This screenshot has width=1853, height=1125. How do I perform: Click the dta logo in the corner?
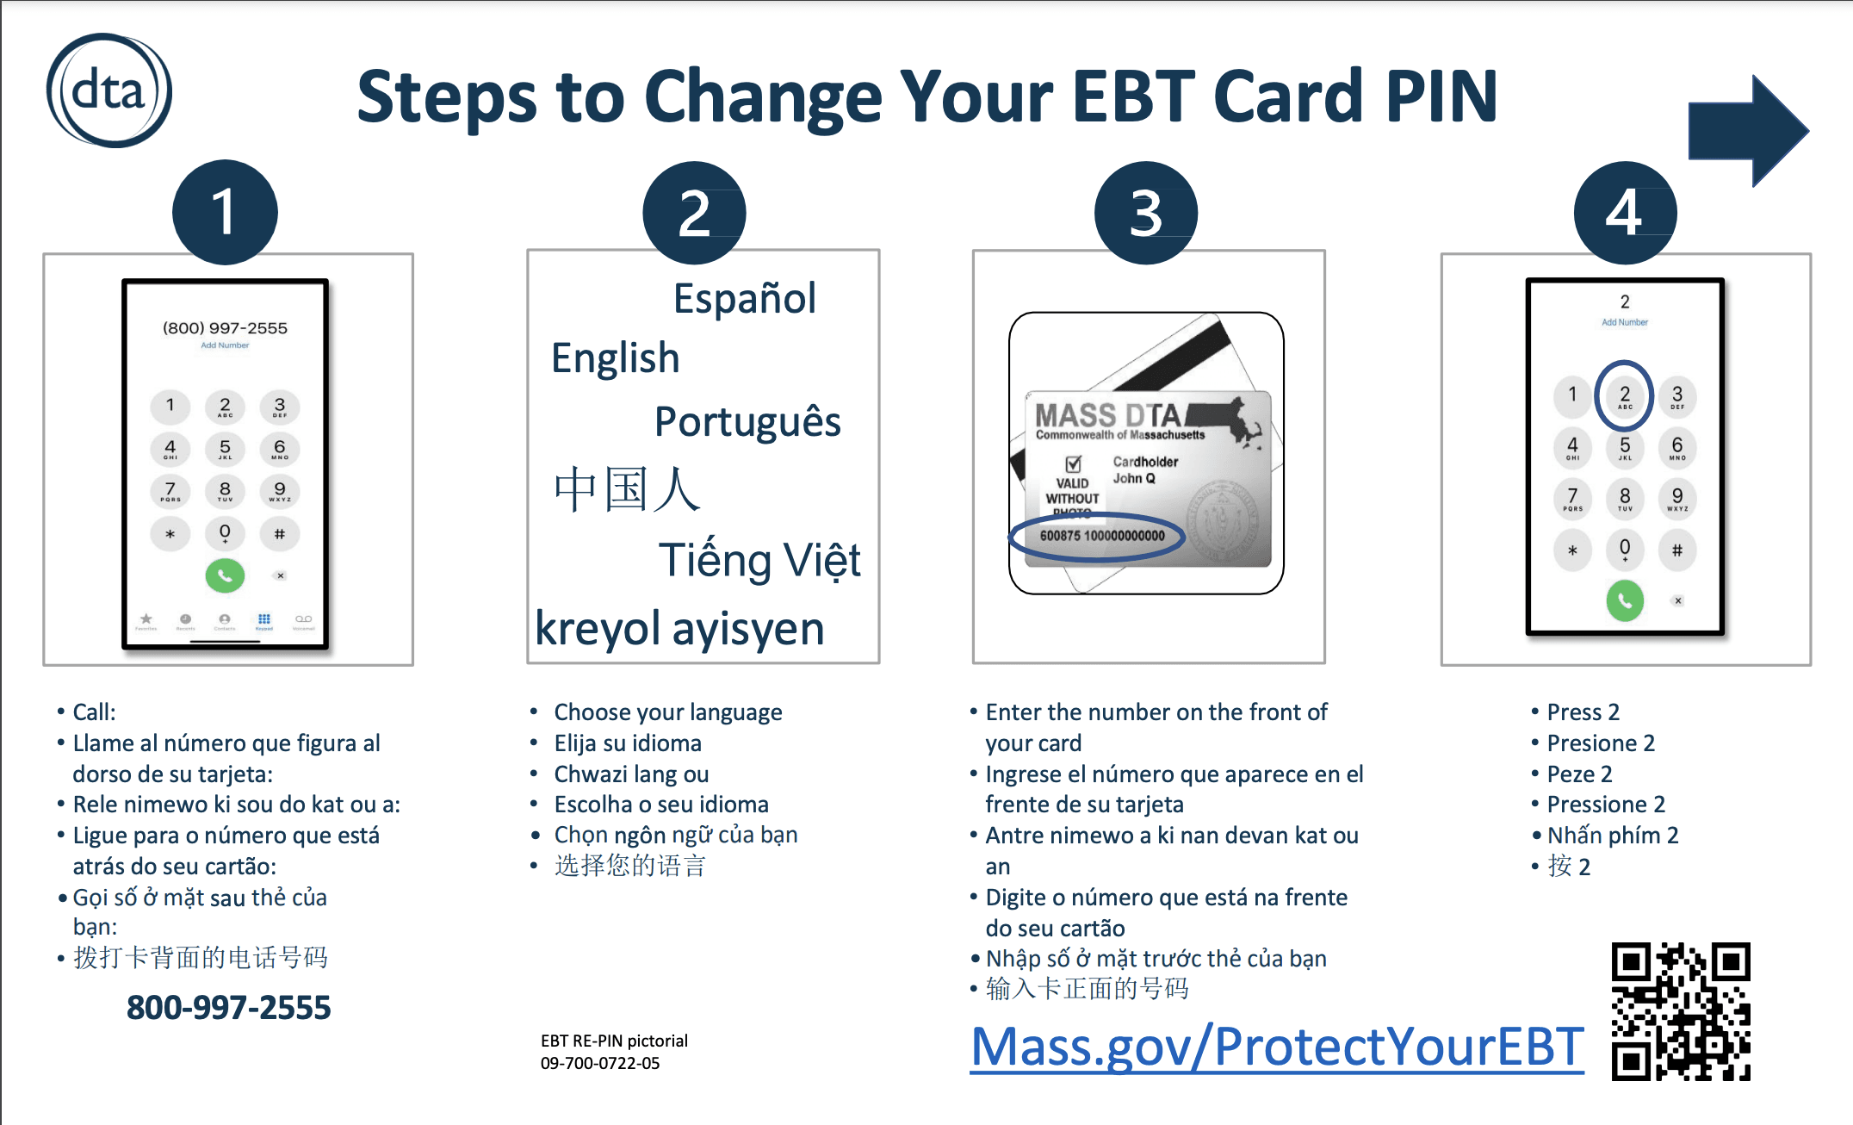(x=108, y=90)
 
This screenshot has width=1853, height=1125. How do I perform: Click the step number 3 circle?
(x=1145, y=213)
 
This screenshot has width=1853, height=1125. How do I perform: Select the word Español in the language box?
(x=744, y=299)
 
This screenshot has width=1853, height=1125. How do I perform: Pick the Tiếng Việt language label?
(x=759, y=561)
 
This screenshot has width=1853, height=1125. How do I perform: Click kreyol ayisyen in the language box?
(x=679, y=628)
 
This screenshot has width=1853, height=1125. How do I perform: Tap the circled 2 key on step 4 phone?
(x=1624, y=396)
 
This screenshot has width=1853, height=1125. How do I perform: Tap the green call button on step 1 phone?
(x=225, y=575)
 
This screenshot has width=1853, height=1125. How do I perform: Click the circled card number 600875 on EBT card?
(x=1101, y=536)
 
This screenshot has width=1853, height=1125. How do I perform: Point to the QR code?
(x=1681, y=1011)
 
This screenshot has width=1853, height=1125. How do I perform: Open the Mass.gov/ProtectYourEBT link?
(x=1276, y=1047)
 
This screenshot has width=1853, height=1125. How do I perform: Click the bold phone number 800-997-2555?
(x=228, y=1007)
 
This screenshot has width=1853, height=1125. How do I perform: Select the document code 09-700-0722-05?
(x=600, y=1063)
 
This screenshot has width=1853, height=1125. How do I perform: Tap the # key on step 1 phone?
(x=279, y=534)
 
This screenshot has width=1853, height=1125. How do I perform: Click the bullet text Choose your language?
(x=667, y=712)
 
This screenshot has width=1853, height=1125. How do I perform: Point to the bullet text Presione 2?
(x=1600, y=743)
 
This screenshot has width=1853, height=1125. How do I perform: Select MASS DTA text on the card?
(x=1106, y=415)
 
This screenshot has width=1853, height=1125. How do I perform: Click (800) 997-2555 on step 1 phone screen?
(x=225, y=328)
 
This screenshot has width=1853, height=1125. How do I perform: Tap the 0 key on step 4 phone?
(x=1624, y=549)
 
